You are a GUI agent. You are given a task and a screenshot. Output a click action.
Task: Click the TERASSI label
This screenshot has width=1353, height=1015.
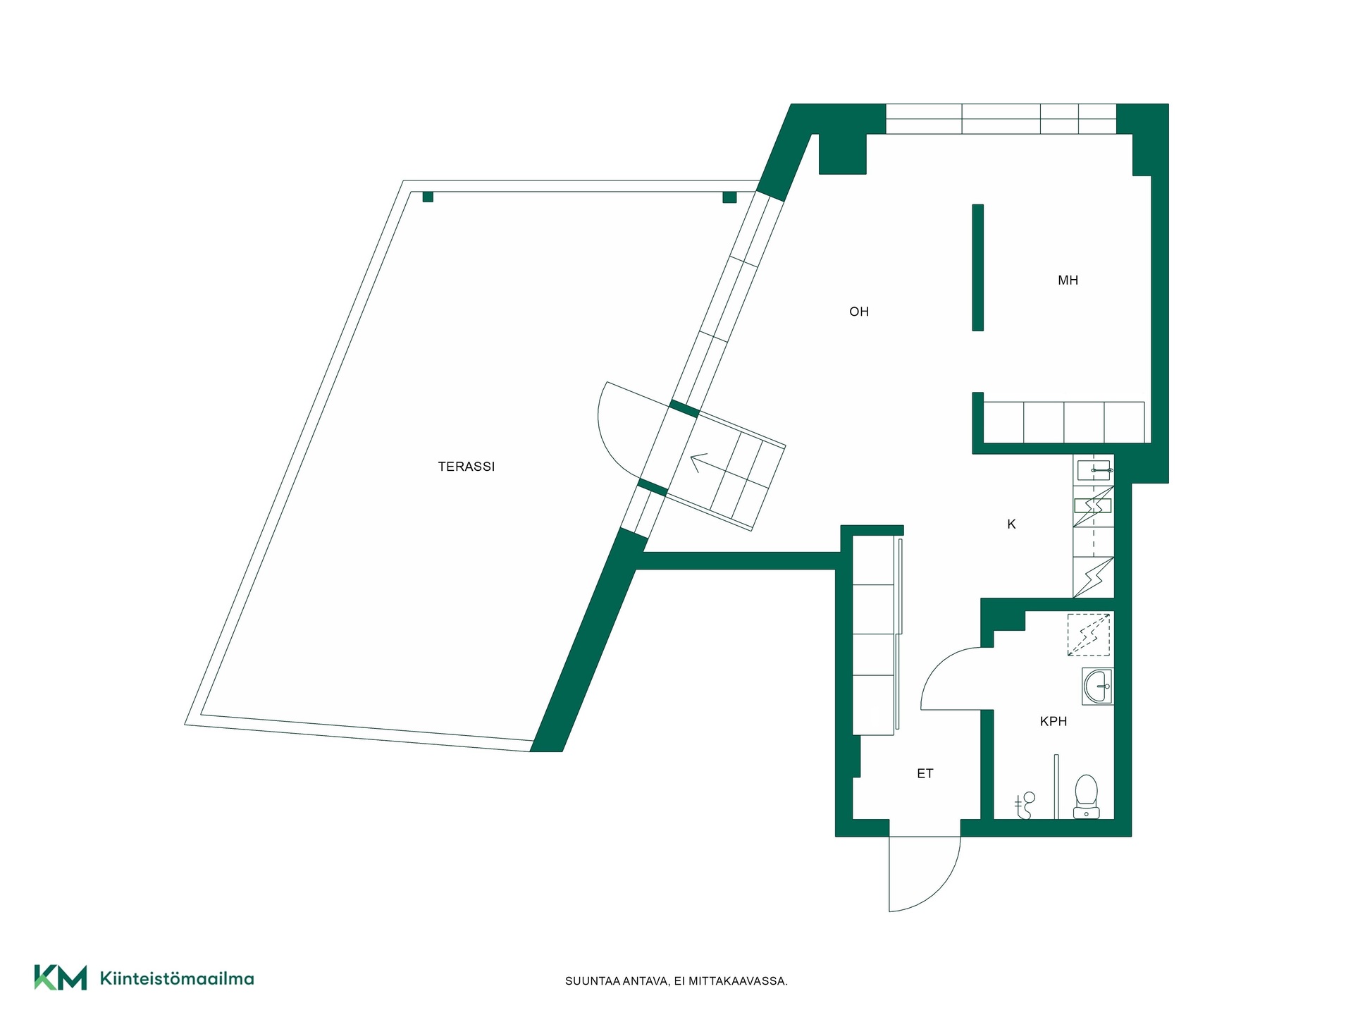pyautogui.click(x=466, y=467)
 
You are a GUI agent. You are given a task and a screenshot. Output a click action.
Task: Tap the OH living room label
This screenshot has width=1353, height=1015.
pyautogui.click(x=858, y=312)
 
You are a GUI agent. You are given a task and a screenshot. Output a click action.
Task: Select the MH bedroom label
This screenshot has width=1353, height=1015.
pyautogui.click(x=1068, y=281)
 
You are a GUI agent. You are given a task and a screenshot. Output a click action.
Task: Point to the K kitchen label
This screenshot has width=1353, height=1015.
pyautogui.click(x=1011, y=524)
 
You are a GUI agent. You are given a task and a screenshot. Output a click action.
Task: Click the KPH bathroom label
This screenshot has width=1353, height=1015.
pyautogui.click(x=1053, y=721)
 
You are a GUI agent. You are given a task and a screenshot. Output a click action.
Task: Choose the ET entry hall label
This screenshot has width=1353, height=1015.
pyautogui.click(x=925, y=773)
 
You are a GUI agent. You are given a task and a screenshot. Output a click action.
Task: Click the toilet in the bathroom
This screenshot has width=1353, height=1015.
pyautogui.click(x=1086, y=796)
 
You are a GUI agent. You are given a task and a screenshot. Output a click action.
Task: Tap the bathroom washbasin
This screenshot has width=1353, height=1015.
pyautogui.click(x=1097, y=687)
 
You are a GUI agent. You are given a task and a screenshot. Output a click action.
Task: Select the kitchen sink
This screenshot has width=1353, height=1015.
pyautogui.click(x=1094, y=469)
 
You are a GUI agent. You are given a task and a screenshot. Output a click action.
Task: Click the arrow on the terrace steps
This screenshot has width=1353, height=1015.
pyautogui.click(x=699, y=462)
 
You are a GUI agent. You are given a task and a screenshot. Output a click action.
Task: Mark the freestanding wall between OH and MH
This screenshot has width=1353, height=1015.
pyautogui.click(x=977, y=267)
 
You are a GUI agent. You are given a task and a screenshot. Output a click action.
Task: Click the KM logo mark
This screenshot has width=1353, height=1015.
pyautogui.click(x=61, y=977)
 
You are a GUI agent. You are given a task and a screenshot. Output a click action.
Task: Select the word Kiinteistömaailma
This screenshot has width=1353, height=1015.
pyautogui.click(x=177, y=978)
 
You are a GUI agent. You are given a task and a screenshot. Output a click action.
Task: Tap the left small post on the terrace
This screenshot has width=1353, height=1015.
pyautogui.click(x=428, y=197)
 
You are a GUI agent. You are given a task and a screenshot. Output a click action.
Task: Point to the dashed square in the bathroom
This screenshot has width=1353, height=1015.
pyautogui.click(x=1089, y=634)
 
